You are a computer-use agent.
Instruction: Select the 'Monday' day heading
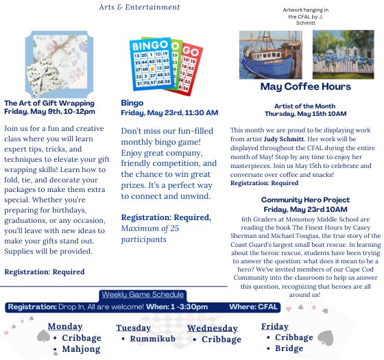coord(65,326)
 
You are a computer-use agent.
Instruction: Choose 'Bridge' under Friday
coord(289,349)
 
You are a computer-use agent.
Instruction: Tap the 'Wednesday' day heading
coord(213,328)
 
